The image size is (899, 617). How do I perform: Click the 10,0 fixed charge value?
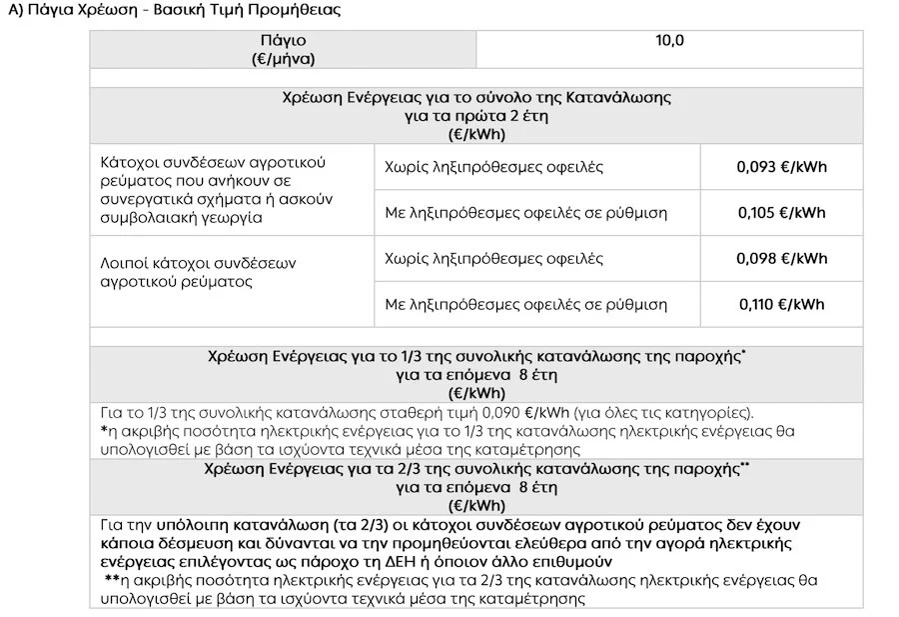click(669, 41)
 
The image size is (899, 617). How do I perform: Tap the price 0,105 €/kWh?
click(782, 213)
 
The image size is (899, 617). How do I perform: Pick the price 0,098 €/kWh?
click(782, 259)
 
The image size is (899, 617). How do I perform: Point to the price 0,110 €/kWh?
click(782, 305)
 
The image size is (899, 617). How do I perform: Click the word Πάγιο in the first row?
click(283, 41)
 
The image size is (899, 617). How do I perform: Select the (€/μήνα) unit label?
click(283, 59)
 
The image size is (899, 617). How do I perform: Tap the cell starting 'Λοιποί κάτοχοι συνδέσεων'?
click(199, 272)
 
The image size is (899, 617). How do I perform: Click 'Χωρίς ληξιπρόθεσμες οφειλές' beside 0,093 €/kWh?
click(493, 167)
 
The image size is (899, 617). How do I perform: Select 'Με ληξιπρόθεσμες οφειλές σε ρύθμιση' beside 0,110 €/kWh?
click(525, 305)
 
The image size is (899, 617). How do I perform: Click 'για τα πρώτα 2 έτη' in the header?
click(476, 116)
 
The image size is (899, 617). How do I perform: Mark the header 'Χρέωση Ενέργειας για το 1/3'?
click(475, 357)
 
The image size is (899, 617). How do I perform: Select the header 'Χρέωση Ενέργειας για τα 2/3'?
click(475, 469)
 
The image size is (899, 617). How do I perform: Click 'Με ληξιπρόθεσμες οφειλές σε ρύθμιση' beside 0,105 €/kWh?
click(525, 213)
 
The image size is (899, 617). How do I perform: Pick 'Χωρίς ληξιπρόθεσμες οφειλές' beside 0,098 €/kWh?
click(493, 259)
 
